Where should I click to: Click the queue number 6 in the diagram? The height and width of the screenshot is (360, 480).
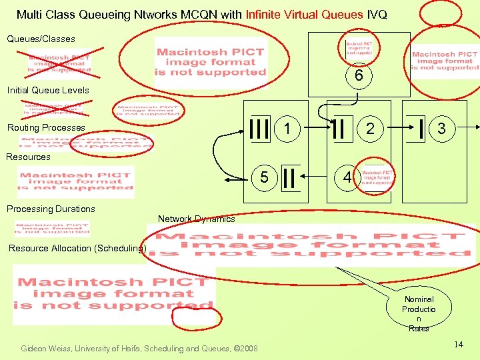(359, 77)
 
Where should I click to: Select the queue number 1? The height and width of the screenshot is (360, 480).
(285, 127)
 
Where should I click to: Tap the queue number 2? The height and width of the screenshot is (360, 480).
(368, 127)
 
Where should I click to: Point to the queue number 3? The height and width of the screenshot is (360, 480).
(441, 127)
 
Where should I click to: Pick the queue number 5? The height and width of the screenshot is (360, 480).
(265, 178)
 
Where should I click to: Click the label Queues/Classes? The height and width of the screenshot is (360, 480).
(41, 39)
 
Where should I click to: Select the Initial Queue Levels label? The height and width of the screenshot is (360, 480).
(47, 90)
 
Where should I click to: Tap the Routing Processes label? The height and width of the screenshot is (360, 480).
(46, 127)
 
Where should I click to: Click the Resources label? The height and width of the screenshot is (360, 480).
(28, 157)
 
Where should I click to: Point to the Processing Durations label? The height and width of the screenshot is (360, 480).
(51, 209)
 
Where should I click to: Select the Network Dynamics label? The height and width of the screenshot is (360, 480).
(196, 219)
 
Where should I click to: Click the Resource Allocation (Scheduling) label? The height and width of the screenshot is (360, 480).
(77, 248)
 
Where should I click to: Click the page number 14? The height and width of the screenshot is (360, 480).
(458, 344)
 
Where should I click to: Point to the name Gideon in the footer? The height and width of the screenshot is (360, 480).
(35, 348)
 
